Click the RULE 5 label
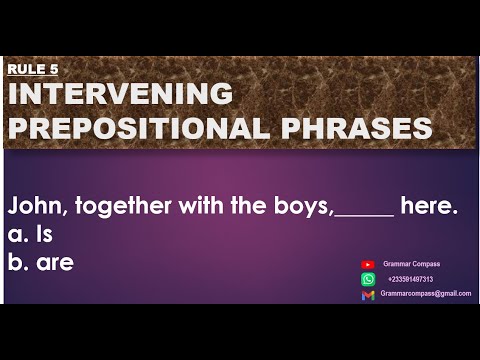(32, 70)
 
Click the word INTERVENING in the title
(120, 95)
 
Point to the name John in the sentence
(32, 207)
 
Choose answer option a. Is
(30, 235)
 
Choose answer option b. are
(41, 262)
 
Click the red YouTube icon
(368, 264)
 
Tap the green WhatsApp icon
(368, 279)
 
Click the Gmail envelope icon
(368, 294)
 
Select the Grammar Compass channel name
(411, 264)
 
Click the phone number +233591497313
(410, 279)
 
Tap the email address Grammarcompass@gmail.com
(425, 294)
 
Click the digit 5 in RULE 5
(54, 70)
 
